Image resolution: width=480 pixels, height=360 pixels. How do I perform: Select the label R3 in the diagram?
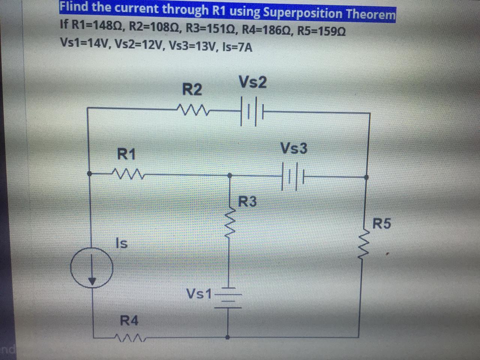(x=248, y=202)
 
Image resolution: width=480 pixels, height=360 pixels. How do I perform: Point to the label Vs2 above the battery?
(x=252, y=82)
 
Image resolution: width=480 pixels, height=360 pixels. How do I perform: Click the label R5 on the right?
(x=381, y=223)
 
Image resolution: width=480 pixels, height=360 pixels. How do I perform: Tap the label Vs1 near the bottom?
(x=199, y=294)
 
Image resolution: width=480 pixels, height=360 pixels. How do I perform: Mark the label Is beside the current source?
(x=121, y=243)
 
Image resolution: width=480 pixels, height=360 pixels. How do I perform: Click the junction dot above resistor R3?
(x=230, y=175)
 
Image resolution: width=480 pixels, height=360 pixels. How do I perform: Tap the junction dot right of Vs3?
(x=366, y=177)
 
